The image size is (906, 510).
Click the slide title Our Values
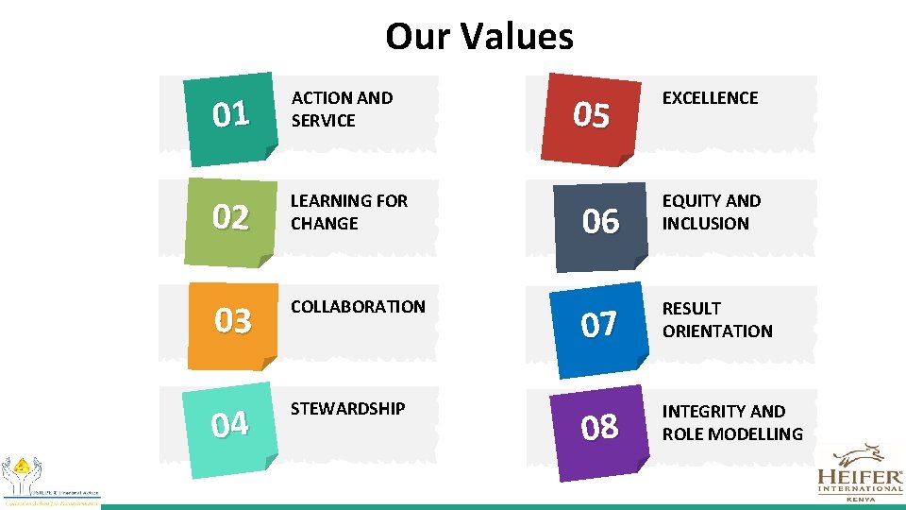click(478, 37)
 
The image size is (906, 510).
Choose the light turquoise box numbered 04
click(231, 424)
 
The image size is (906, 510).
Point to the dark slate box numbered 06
click(600, 221)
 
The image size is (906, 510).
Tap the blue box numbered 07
click(599, 325)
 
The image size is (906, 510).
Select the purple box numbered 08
click(600, 427)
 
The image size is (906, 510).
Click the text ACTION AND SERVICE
click(342, 109)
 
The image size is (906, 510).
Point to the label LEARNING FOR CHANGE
click(348, 212)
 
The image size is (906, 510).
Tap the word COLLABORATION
click(358, 306)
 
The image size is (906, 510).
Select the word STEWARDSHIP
click(347, 408)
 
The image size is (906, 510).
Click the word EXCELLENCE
click(710, 97)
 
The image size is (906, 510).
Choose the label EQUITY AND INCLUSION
click(711, 212)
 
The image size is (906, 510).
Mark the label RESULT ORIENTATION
click(716, 319)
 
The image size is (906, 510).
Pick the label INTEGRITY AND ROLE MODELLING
click(731, 422)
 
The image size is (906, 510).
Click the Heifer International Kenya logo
click(859, 473)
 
